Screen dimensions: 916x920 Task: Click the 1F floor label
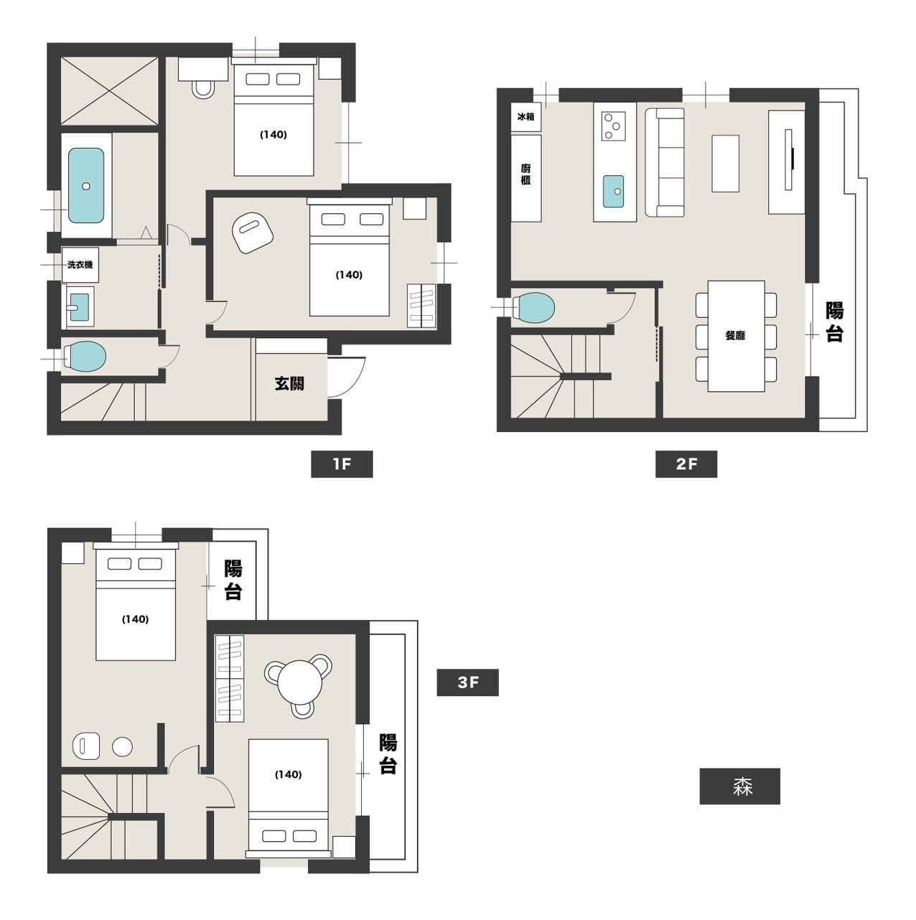point(342,464)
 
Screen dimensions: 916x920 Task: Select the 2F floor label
point(686,464)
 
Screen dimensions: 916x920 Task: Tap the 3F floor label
point(467,682)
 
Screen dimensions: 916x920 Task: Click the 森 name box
point(740,787)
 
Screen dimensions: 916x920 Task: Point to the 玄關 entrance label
point(289,383)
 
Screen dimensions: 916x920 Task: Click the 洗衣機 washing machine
point(80,265)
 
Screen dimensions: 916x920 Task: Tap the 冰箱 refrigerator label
point(525,116)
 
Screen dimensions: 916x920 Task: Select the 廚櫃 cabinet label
point(525,174)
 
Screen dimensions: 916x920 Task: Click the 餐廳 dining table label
point(735,336)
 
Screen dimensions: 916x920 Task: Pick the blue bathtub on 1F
point(86,186)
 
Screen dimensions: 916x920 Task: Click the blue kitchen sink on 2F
point(613,191)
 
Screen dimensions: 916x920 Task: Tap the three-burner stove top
point(613,126)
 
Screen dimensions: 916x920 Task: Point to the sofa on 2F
point(664,162)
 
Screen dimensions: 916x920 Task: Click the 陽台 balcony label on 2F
point(834,321)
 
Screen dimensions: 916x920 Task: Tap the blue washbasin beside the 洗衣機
point(80,306)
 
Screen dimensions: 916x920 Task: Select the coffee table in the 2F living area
point(726,164)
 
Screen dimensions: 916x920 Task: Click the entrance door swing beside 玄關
point(351,377)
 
